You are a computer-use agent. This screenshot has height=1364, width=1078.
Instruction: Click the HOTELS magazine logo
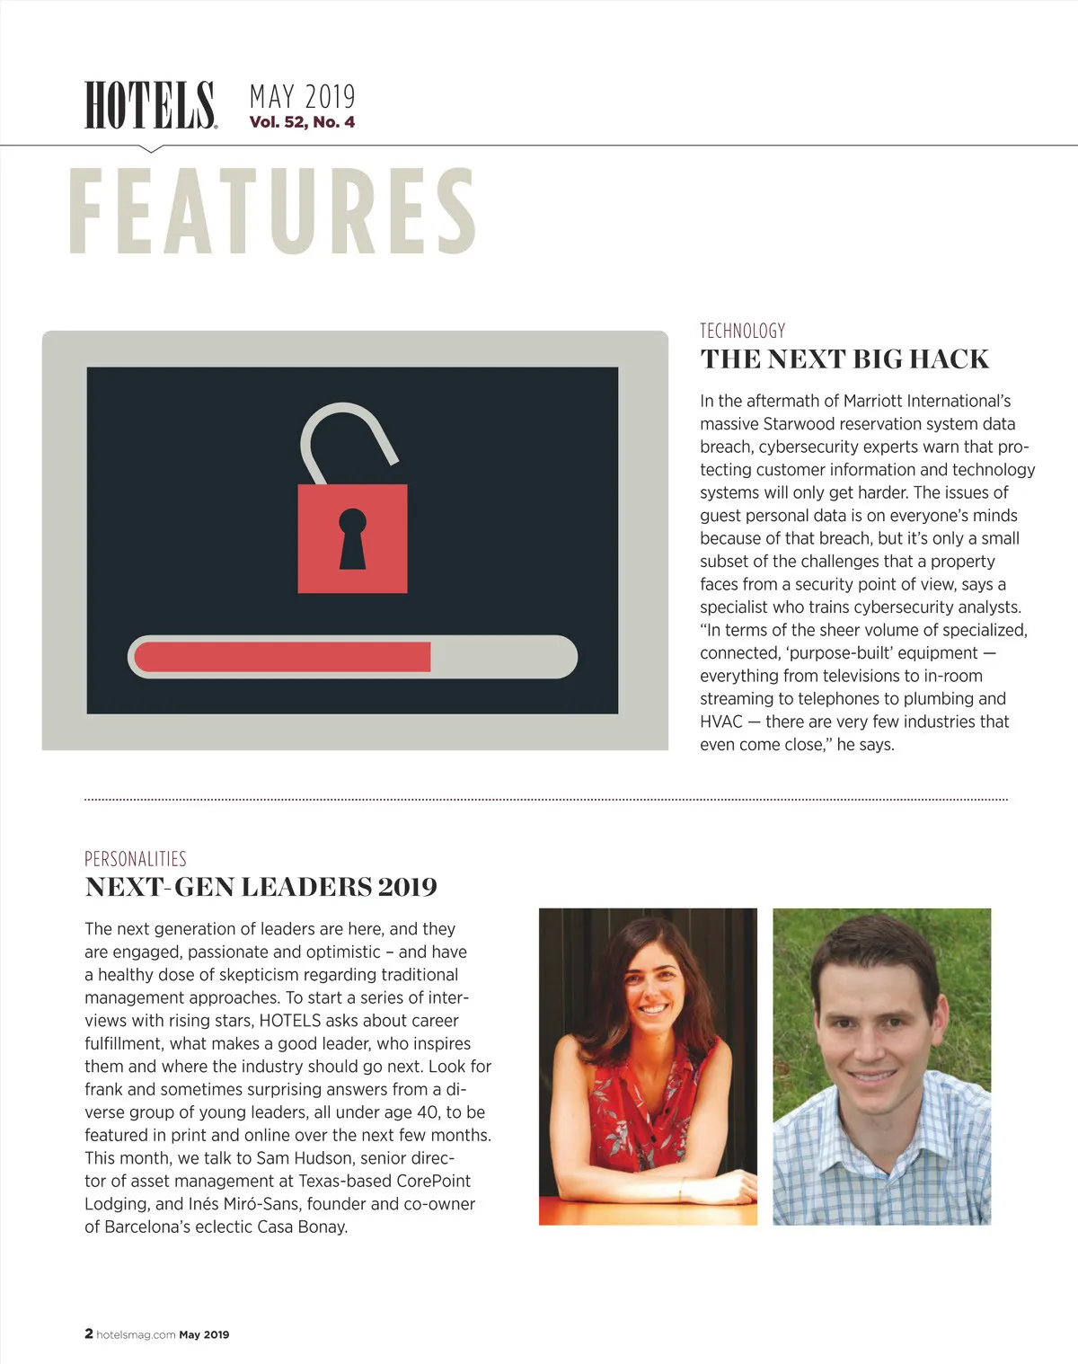[150, 105]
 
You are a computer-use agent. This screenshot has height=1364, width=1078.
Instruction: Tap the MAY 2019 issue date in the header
[302, 96]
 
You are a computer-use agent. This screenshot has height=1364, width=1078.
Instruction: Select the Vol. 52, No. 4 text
[302, 122]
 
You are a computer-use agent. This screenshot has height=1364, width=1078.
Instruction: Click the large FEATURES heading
[272, 212]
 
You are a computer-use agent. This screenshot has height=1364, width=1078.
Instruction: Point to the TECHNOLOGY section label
[742, 331]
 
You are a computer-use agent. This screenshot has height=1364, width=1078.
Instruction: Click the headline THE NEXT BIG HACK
[844, 359]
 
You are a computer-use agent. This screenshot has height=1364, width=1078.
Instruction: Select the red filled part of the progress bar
[282, 657]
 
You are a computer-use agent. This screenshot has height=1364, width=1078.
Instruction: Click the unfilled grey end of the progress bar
[503, 657]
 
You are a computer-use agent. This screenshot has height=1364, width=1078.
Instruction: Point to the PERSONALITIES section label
[136, 859]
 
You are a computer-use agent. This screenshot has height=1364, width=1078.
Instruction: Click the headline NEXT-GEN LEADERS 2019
[261, 888]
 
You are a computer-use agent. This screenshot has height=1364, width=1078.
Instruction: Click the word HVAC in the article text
[721, 722]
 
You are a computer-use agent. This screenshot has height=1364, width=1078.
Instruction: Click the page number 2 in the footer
[89, 1334]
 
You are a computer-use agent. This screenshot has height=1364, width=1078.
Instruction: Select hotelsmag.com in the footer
[136, 1335]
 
